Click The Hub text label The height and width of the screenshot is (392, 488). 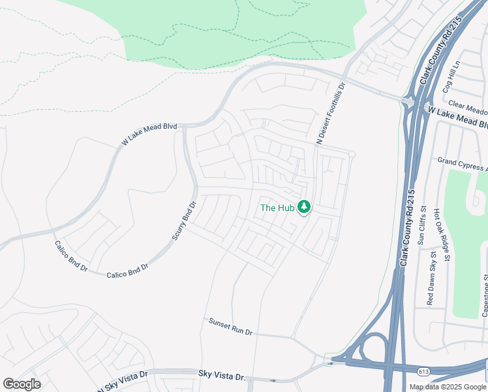tap(277, 208)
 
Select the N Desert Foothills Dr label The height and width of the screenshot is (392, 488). tap(329, 113)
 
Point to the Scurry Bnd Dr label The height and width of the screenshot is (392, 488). tap(184, 220)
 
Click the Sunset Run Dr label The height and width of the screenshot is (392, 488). tap(230, 327)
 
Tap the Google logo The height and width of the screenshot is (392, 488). tap(22, 384)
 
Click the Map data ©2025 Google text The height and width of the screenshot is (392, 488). tap(448, 387)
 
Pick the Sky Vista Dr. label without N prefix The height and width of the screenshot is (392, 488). tap(221, 375)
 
